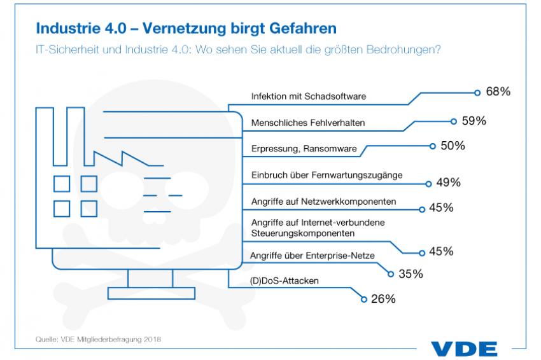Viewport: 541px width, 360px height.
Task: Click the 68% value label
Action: point(498,92)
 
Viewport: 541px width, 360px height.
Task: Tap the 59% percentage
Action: point(474,121)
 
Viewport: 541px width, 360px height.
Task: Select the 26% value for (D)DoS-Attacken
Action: point(383,298)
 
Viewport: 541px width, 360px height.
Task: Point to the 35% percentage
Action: point(411,273)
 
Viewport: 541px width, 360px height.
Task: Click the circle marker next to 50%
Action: point(433,146)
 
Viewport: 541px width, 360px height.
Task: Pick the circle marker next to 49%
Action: point(428,184)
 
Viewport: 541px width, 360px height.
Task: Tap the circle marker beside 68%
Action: point(477,93)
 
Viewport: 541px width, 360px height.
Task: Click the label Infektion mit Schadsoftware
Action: point(309,96)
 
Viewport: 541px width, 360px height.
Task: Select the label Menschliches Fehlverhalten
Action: point(308,123)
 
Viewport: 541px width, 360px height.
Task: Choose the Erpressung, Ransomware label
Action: point(304,149)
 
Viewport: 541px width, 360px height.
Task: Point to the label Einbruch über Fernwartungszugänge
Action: point(327,175)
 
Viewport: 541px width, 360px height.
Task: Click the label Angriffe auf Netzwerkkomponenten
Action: point(323,202)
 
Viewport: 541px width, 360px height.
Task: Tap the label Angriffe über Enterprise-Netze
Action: point(313,256)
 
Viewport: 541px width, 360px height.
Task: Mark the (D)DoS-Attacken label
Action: point(284,280)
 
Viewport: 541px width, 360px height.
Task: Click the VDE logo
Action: point(464,349)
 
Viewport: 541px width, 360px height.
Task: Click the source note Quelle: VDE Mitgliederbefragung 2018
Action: point(98,339)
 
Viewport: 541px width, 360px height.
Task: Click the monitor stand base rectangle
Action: point(151,293)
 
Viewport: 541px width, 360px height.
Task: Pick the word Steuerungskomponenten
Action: point(303,233)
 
